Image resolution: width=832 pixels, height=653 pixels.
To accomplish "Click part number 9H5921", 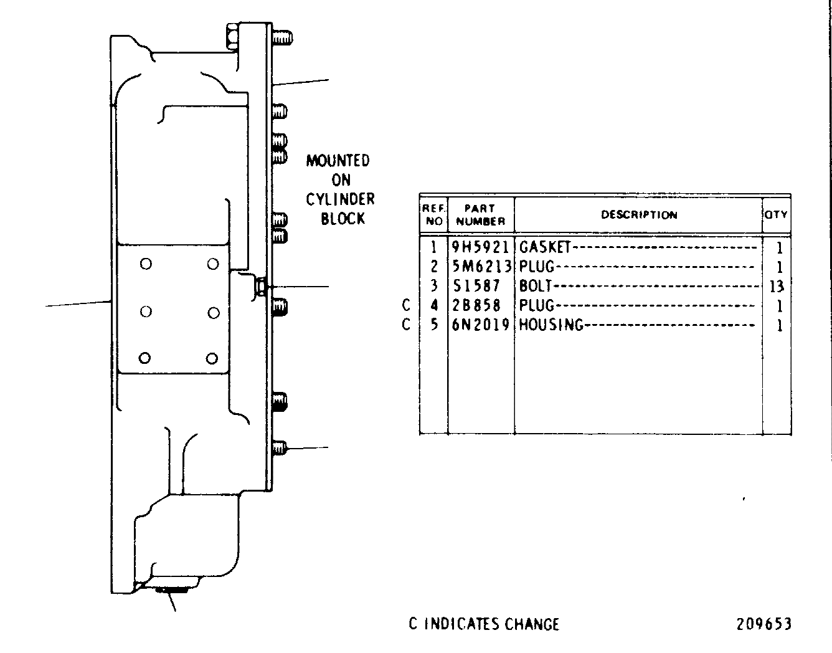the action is click(x=481, y=247).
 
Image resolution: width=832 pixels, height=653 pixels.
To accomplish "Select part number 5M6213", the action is click(x=481, y=267).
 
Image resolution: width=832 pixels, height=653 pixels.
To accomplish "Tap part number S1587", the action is click(x=476, y=286).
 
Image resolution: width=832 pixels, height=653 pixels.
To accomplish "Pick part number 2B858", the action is click(x=476, y=305).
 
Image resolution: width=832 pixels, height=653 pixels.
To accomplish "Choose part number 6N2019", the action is click(x=481, y=325).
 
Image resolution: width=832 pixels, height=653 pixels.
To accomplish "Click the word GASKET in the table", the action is click(x=545, y=247).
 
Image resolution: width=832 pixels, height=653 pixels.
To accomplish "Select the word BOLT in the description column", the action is click(x=536, y=286).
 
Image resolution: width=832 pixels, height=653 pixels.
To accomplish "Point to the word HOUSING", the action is click(x=551, y=325).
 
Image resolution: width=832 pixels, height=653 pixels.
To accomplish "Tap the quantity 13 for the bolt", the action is click(x=777, y=286).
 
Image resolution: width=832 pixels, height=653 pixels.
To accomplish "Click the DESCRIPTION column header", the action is click(x=639, y=215).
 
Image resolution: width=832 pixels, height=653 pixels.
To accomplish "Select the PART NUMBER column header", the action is click(x=481, y=215).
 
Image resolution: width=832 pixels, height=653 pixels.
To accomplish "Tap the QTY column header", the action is click(x=776, y=214).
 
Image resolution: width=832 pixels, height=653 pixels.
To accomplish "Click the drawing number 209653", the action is click(x=764, y=624).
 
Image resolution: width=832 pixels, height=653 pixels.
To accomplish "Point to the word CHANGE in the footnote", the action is click(x=532, y=624).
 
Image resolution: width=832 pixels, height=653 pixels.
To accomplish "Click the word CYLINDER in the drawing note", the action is click(x=341, y=199).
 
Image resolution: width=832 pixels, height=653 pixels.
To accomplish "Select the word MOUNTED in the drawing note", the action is click(x=338, y=161).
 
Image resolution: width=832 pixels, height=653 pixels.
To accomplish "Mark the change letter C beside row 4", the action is click(x=406, y=305).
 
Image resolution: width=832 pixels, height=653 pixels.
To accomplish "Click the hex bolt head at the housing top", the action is click(x=232, y=37).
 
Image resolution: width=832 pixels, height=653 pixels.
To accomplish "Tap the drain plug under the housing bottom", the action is click(x=171, y=590).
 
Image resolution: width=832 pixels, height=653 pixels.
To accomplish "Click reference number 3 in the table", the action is click(x=434, y=286).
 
